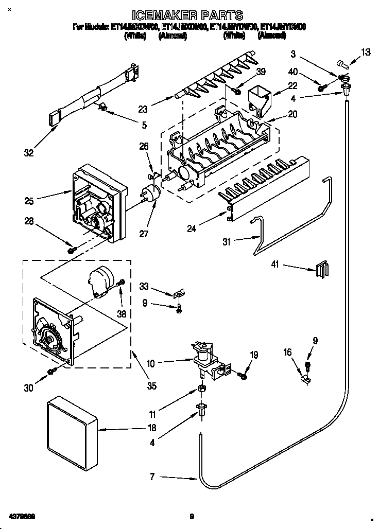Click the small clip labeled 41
tap(321, 269)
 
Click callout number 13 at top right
tap(365, 51)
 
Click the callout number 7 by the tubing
tap(152, 477)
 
